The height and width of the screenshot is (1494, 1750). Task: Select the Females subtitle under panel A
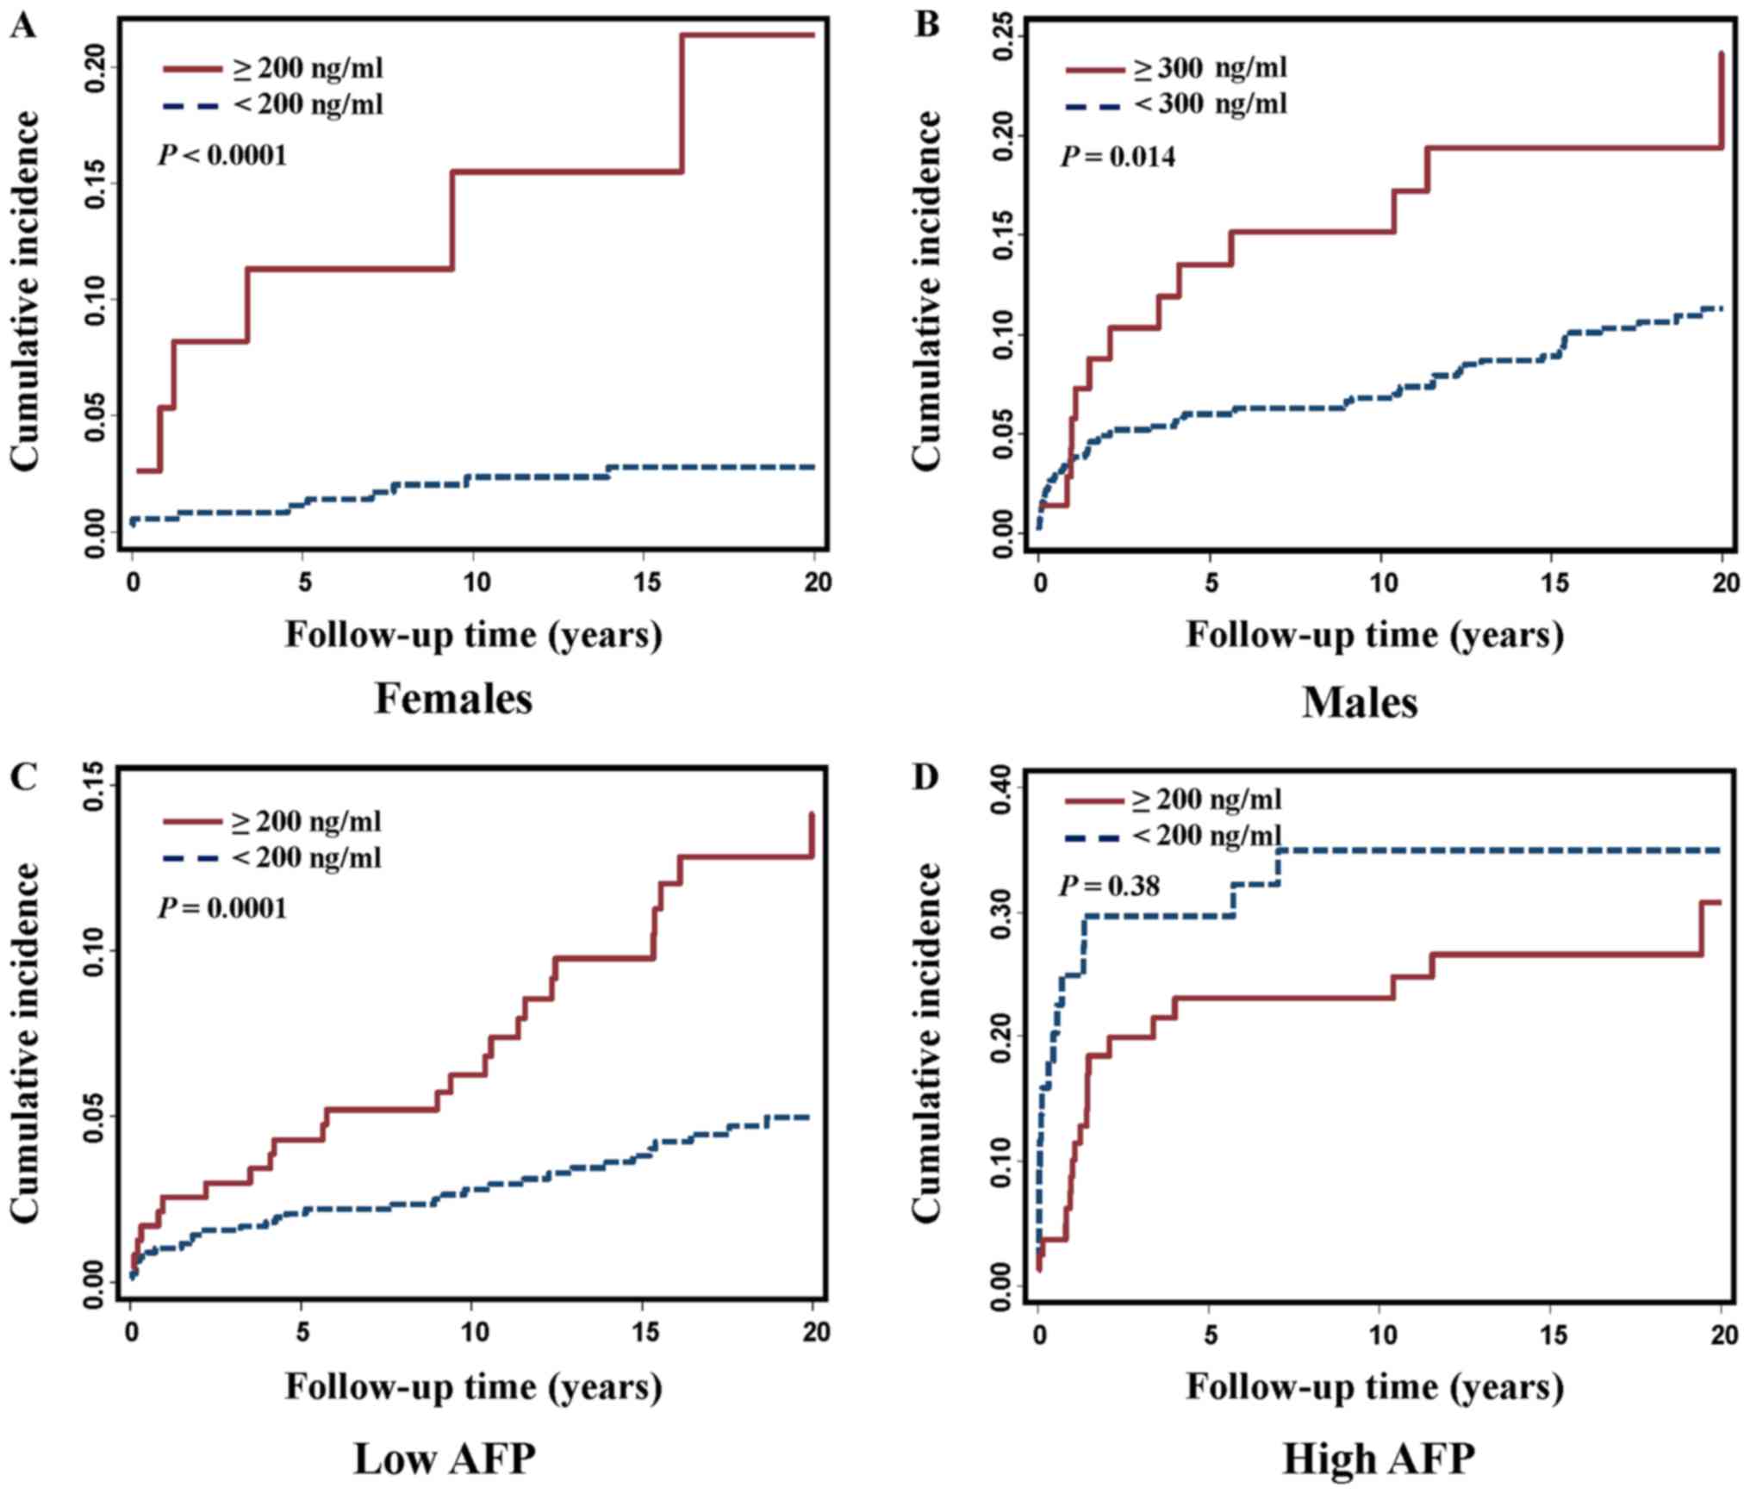pyautogui.click(x=453, y=700)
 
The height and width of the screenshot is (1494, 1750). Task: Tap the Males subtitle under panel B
pyautogui.click(x=1360, y=703)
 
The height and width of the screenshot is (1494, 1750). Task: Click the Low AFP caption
pyautogui.click(x=445, y=1459)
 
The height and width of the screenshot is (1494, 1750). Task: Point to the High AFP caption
pyautogui.click(x=1379, y=1459)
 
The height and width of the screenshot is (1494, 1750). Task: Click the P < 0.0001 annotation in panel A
pyautogui.click(x=222, y=156)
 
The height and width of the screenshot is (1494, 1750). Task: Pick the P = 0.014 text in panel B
pyautogui.click(x=1118, y=157)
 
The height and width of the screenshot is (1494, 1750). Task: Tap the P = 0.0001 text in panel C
pyautogui.click(x=222, y=908)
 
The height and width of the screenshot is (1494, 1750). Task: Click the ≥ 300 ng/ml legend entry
pyautogui.click(x=1176, y=67)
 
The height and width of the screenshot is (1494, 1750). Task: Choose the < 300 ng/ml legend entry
pyautogui.click(x=1176, y=104)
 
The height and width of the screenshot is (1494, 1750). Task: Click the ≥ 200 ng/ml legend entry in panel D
pyautogui.click(x=1174, y=800)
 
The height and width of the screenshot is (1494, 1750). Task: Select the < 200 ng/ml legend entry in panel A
pyautogui.click(x=273, y=104)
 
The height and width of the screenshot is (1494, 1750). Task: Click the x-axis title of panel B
pyautogui.click(x=1375, y=634)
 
